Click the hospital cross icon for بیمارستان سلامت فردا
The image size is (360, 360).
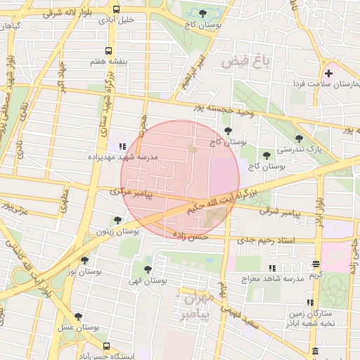pyautogui.click(x=328, y=73)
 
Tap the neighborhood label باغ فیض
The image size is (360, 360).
pyautogui.click(x=245, y=62)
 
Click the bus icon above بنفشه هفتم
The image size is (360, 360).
pyautogui.click(x=108, y=51)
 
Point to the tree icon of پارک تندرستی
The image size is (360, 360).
pyautogui.click(x=300, y=139)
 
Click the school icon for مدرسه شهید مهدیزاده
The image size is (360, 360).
pyautogui.click(x=122, y=146)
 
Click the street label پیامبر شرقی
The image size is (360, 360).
pyautogui.click(x=276, y=211)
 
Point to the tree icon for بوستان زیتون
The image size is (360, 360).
pyautogui.click(x=117, y=220)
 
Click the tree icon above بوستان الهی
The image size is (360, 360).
pyautogui.click(x=147, y=269)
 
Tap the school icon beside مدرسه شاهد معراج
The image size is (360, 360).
pyautogui.click(x=271, y=268)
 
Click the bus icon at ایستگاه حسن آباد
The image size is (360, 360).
pyautogui.click(x=106, y=346)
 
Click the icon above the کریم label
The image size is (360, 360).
pyautogui.click(x=316, y=264)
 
